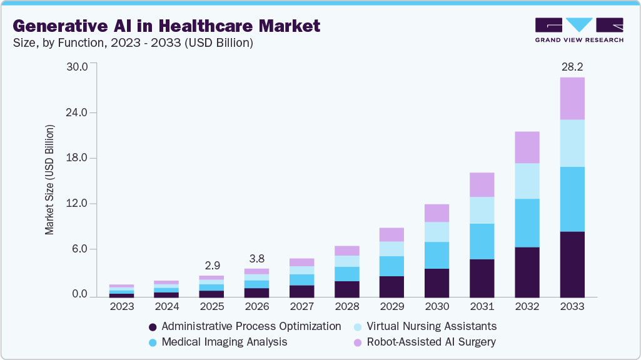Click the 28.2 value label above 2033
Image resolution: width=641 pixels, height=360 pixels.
pyautogui.click(x=572, y=67)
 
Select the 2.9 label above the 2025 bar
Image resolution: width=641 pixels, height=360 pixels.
pyautogui.click(x=212, y=266)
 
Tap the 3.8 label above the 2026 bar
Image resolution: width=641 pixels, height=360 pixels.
pyautogui.click(x=257, y=258)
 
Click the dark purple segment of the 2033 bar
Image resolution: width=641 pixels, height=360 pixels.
pyautogui.click(x=572, y=264)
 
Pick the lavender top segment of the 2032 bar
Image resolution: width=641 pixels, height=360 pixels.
pyautogui.click(x=527, y=147)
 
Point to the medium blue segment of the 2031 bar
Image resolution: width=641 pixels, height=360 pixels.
pyautogui.click(x=482, y=241)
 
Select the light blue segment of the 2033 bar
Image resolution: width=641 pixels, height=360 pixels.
pyautogui.click(x=572, y=143)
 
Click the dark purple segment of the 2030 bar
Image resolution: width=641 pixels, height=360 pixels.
pyautogui.click(x=437, y=282)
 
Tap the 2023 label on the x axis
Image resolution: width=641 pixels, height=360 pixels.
pyautogui.click(x=122, y=307)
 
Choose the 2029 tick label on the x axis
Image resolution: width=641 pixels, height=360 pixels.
pyautogui.click(x=392, y=307)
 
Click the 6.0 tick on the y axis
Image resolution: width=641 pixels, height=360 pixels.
pyautogui.click(x=83, y=249)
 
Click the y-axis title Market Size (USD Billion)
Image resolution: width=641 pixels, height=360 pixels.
pyautogui.click(x=49, y=180)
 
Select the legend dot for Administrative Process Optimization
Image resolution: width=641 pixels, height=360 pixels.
pyautogui.click(x=153, y=327)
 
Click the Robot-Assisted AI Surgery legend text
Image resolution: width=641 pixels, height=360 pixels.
pyautogui.click(x=431, y=342)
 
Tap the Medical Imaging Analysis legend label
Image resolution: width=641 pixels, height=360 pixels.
pyautogui.click(x=224, y=342)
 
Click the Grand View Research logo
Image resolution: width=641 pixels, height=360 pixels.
pyautogui.click(x=579, y=29)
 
